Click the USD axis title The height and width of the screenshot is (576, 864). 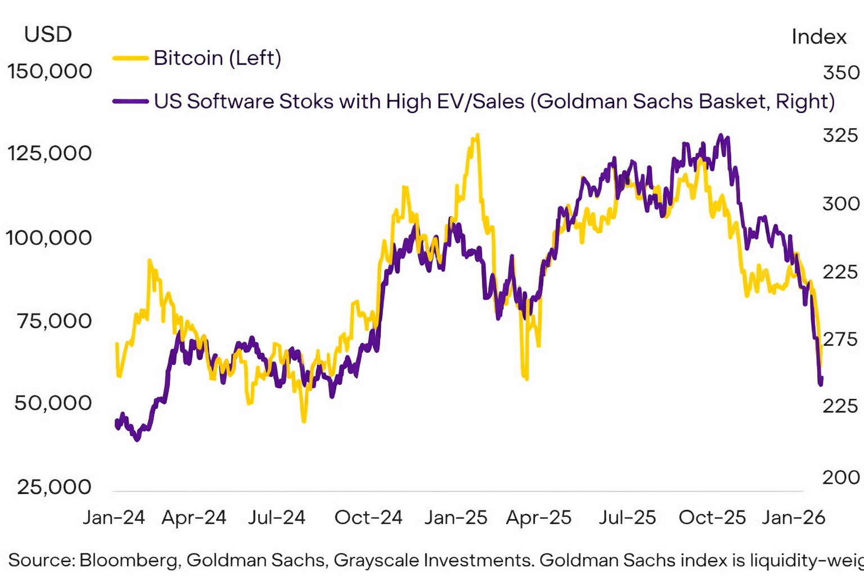(x=48, y=35)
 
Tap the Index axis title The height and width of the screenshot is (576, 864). (x=818, y=37)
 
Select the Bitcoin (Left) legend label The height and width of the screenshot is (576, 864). (x=217, y=58)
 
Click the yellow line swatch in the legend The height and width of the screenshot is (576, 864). (x=130, y=58)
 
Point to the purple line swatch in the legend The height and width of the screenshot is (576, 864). (x=130, y=102)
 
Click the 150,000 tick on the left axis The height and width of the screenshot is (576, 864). (x=49, y=71)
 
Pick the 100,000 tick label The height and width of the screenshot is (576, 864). (x=49, y=238)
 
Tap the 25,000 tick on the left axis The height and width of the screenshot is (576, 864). (x=54, y=487)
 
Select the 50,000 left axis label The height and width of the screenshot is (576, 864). (x=53, y=403)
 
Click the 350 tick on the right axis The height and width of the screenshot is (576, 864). (x=841, y=73)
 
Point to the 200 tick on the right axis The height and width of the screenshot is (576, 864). (x=841, y=478)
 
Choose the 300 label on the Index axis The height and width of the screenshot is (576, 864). (x=841, y=204)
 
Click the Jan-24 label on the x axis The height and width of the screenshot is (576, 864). (x=114, y=517)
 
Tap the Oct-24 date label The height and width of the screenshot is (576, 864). (x=368, y=517)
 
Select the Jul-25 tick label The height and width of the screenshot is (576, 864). (x=627, y=517)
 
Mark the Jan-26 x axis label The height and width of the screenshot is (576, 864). (x=793, y=517)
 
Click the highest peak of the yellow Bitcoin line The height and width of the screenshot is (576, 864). (x=477, y=135)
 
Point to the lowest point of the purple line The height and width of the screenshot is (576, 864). (x=137, y=440)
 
